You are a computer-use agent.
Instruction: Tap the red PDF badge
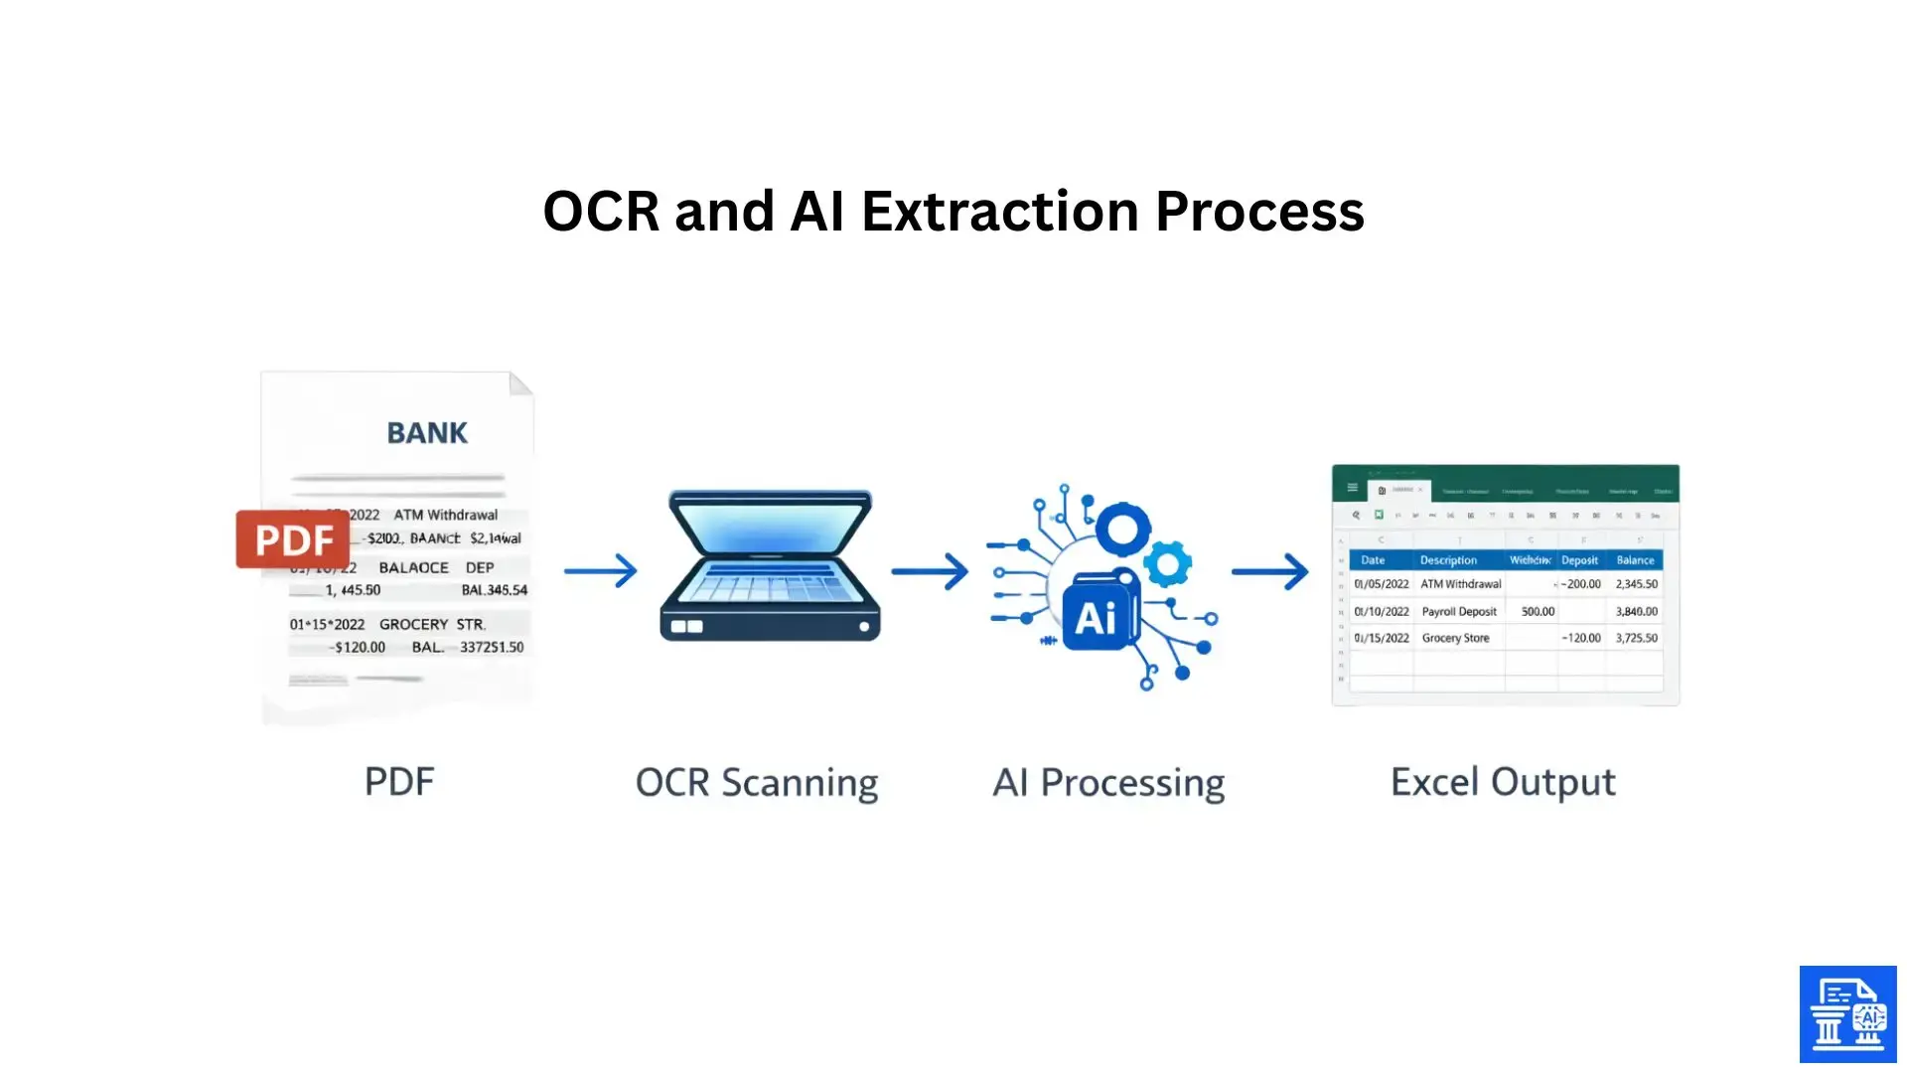pyautogui.click(x=293, y=539)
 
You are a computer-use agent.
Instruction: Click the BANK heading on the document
pyautogui.click(x=427, y=433)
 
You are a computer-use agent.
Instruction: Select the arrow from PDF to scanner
pyautogui.click(x=601, y=570)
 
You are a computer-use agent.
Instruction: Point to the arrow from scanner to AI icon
pyautogui.click(x=930, y=571)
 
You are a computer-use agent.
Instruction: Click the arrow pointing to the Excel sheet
pyautogui.click(x=1270, y=571)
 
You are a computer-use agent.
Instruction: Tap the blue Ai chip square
pyautogui.click(x=1097, y=617)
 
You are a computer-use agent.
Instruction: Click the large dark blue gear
pyautogui.click(x=1123, y=530)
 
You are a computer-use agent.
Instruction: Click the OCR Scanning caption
pyautogui.click(x=757, y=783)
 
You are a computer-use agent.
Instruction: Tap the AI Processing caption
pyautogui.click(x=1108, y=783)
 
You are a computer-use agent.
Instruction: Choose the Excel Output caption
pyautogui.click(x=1503, y=783)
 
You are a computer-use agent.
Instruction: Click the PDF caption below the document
pyautogui.click(x=399, y=782)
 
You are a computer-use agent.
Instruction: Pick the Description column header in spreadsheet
pyautogui.click(x=1448, y=560)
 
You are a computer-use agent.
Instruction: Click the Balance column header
pyautogui.click(x=1635, y=560)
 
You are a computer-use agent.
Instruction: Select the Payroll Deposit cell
pyautogui.click(x=1458, y=612)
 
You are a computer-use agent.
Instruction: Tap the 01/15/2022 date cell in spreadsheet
pyautogui.click(x=1382, y=638)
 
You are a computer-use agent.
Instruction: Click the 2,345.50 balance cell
pyautogui.click(x=1636, y=584)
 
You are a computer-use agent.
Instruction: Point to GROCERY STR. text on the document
pyautogui.click(x=432, y=624)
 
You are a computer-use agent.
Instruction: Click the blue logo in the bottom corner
pyautogui.click(x=1847, y=1014)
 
